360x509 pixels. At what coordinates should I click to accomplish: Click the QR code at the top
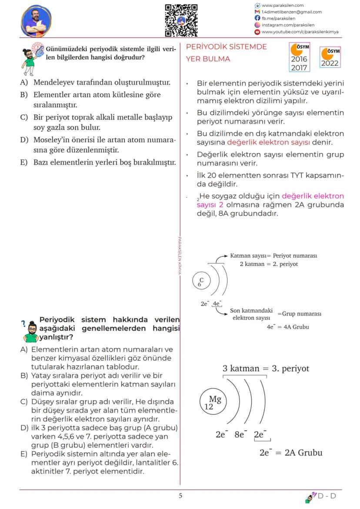[x=181, y=20]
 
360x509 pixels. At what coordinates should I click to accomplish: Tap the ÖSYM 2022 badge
[x=329, y=57]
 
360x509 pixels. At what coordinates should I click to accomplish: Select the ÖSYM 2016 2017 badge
[x=299, y=57]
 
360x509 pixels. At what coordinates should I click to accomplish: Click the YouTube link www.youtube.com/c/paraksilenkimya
[x=300, y=32]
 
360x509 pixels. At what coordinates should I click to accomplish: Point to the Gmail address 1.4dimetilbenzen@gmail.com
[x=291, y=12]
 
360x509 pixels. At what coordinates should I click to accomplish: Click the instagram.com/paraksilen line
[x=287, y=25]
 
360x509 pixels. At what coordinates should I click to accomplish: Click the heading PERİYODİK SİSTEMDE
[x=226, y=47]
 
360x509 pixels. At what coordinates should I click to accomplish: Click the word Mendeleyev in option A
[x=58, y=82]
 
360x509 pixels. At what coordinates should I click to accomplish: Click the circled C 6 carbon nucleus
[x=201, y=282]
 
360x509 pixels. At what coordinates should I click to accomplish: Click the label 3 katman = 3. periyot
[x=266, y=369]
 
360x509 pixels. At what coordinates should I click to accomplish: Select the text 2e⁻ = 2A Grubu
[x=290, y=452]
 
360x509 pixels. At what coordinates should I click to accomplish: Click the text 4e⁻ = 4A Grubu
[x=288, y=327]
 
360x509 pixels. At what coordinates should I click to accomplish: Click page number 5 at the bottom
[x=180, y=496]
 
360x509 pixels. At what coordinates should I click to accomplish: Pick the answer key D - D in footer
[x=327, y=496]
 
